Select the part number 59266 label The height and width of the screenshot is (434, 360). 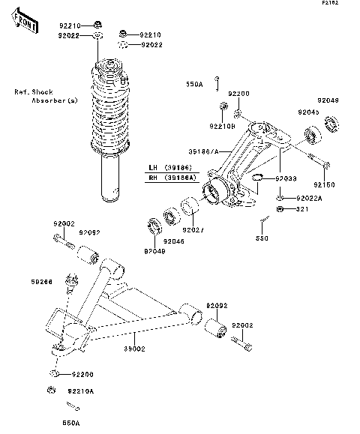tap(42, 281)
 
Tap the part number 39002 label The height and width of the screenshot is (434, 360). tap(134, 349)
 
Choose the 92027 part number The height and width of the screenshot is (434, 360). tap(193, 229)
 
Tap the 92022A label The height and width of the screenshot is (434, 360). tap(308, 198)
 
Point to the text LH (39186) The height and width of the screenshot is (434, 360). tap(172, 167)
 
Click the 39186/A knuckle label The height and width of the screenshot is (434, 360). tap(203, 151)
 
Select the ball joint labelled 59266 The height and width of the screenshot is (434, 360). tap(73, 283)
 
